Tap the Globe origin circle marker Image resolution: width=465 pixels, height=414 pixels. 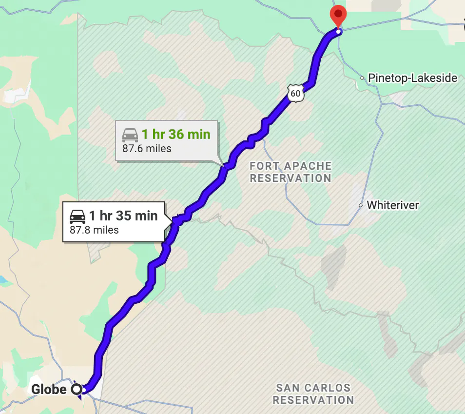77,390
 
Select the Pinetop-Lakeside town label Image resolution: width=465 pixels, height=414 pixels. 412,78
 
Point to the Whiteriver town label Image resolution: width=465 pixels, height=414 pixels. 392,205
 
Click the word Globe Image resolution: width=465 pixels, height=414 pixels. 49,390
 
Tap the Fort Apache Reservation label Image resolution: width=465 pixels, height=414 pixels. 291,172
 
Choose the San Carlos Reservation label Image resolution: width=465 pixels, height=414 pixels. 313,394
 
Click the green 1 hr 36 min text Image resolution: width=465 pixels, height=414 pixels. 175,134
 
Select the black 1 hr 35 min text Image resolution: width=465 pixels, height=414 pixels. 123,216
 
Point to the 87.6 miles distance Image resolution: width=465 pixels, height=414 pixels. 147,148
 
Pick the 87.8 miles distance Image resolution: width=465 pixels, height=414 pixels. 94,230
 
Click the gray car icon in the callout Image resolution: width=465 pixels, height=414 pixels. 130,135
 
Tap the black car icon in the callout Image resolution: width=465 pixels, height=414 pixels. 77,216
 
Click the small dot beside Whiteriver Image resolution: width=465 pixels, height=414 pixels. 361,205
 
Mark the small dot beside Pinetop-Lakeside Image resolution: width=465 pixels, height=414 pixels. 362,78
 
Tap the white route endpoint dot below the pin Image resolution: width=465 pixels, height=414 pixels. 339,32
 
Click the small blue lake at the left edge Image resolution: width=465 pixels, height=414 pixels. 3,280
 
